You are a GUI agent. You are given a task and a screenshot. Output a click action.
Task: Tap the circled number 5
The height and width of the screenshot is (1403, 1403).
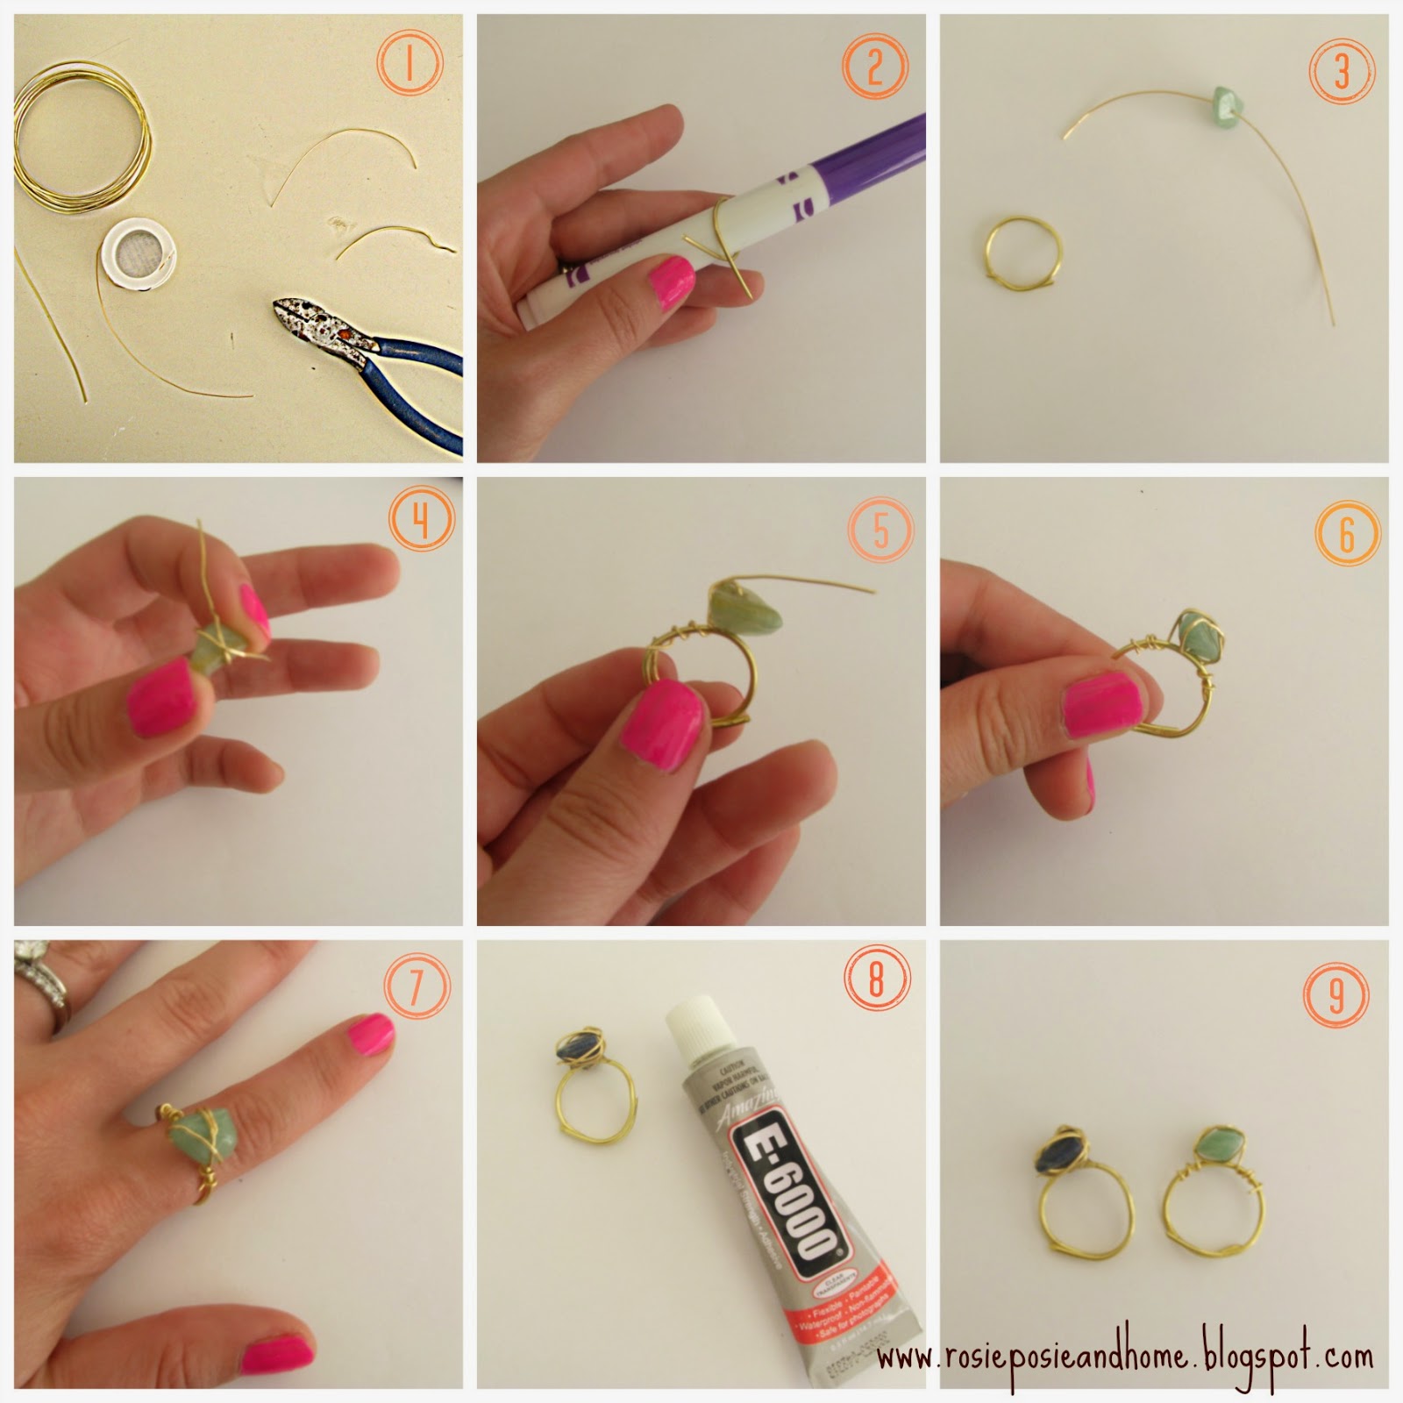pos(881,531)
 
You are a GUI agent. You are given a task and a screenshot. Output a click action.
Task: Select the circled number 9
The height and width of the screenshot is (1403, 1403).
pos(1337,994)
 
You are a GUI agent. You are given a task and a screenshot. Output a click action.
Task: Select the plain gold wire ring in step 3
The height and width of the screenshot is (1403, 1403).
pos(1021,253)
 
